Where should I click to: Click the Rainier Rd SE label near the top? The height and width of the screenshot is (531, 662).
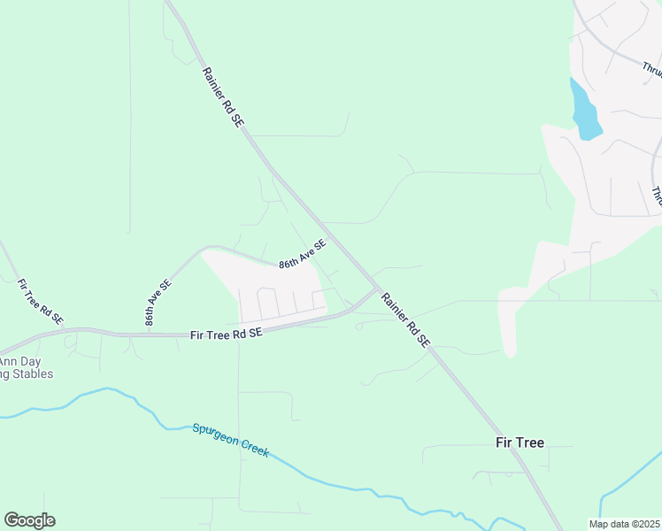coord(221,98)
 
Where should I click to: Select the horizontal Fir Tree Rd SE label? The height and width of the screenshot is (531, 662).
coord(227,334)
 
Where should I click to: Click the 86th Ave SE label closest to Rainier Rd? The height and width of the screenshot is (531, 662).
coord(303,254)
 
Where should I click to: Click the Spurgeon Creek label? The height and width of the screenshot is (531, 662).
coord(230,439)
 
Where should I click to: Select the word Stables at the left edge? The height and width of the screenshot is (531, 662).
coord(32,373)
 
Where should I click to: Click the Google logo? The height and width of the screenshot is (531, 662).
coord(29,520)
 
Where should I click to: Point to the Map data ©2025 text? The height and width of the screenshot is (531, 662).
coord(623,524)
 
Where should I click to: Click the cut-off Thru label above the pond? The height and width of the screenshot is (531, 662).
coord(651,68)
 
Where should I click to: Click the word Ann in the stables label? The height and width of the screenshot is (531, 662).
coord(8,361)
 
